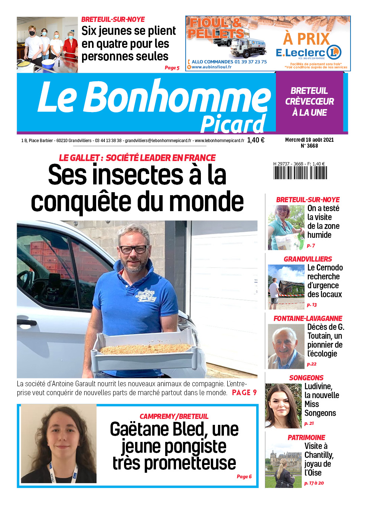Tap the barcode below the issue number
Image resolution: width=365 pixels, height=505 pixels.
point(300,173)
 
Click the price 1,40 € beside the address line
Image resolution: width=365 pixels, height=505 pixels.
point(256,140)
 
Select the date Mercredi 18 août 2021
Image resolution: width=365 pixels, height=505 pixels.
point(309,140)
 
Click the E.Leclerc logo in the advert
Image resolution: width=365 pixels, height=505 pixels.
point(308,53)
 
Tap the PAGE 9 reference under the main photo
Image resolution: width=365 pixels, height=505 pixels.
point(244,393)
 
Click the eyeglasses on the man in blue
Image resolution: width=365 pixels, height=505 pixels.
point(133,249)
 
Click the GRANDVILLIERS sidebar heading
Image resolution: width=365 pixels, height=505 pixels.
point(308,259)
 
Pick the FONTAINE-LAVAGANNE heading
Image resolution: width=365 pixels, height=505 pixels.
point(308,318)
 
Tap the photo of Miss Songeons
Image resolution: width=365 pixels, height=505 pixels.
point(283,406)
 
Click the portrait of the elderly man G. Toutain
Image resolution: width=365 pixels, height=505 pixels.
point(286,346)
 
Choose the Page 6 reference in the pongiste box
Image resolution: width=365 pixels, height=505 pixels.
point(244,476)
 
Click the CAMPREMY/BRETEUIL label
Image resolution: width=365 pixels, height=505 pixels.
point(174,416)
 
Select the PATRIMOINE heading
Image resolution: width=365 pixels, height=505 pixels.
point(306,437)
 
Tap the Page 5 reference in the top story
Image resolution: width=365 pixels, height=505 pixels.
point(172,68)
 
